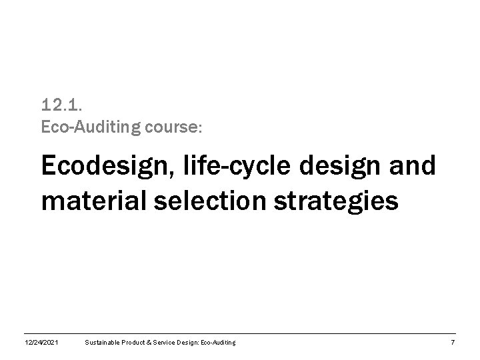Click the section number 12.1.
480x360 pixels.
(x=61, y=105)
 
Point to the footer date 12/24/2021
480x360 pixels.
(x=40, y=342)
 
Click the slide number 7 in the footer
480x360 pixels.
(x=453, y=342)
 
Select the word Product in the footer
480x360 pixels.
(x=136, y=342)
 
